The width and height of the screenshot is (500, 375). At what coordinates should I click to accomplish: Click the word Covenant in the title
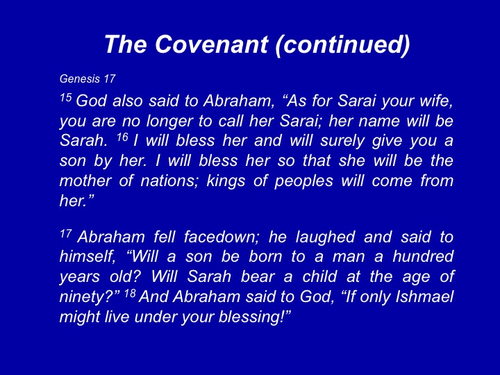coord(211,44)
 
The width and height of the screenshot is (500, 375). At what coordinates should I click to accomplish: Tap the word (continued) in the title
coord(342,44)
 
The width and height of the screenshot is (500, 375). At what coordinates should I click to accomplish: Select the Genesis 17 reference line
coord(87,78)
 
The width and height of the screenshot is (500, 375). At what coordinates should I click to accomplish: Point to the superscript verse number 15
coord(66,97)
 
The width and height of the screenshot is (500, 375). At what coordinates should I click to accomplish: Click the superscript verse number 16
coord(122,137)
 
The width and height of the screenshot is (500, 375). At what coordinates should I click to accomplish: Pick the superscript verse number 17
coord(66,233)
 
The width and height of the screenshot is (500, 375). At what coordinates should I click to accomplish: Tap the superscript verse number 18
coord(130,293)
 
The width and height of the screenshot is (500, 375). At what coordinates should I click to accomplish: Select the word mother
coord(85,181)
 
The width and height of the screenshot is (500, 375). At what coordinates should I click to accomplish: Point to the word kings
coord(226,181)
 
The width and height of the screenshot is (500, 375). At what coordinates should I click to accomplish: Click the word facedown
coord(222,237)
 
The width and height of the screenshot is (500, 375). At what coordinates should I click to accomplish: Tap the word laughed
coord(325,238)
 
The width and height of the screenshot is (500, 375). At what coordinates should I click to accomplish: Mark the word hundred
coord(423,257)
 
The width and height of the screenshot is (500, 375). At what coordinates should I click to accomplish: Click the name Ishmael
coord(424,297)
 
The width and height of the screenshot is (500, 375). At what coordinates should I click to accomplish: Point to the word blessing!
coord(254,317)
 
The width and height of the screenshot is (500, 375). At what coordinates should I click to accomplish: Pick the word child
coord(319,276)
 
